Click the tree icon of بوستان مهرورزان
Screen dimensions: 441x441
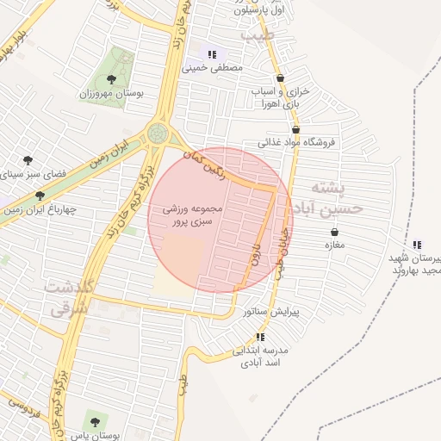click(x=111, y=79)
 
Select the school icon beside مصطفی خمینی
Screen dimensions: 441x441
click(x=212, y=53)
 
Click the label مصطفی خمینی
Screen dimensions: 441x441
click(x=214, y=66)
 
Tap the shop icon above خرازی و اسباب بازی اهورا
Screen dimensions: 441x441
click(x=280, y=78)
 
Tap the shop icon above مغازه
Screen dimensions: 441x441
click(x=334, y=231)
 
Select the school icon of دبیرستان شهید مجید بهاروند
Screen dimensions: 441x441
click(x=417, y=244)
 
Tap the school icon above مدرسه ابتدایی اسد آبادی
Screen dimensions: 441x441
click(x=259, y=337)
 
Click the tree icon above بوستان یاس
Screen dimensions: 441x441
click(x=94, y=422)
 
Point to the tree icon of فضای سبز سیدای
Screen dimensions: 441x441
click(x=28, y=159)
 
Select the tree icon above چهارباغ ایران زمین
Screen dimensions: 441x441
click(x=40, y=196)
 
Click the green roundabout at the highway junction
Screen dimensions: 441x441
click(x=158, y=133)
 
